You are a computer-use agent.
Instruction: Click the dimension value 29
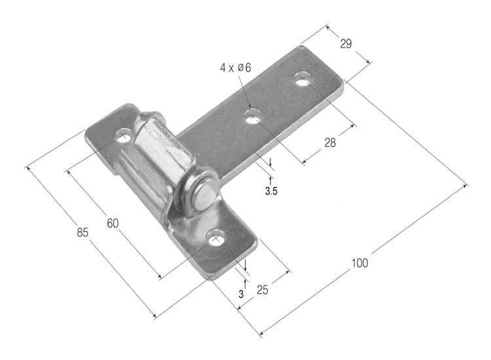(x=346, y=44)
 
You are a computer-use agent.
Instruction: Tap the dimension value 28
(x=329, y=143)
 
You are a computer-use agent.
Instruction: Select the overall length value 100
(x=359, y=263)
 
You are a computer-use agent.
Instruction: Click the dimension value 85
(x=82, y=232)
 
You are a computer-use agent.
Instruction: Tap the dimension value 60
(x=113, y=223)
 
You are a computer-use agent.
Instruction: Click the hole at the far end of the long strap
(x=302, y=81)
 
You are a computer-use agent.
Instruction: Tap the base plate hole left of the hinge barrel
(x=122, y=135)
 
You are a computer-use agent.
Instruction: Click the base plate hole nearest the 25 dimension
(x=215, y=239)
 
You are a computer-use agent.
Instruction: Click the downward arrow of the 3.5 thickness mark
(x=268, y=164)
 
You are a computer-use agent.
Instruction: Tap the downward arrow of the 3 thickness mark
(x=245, y=267)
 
